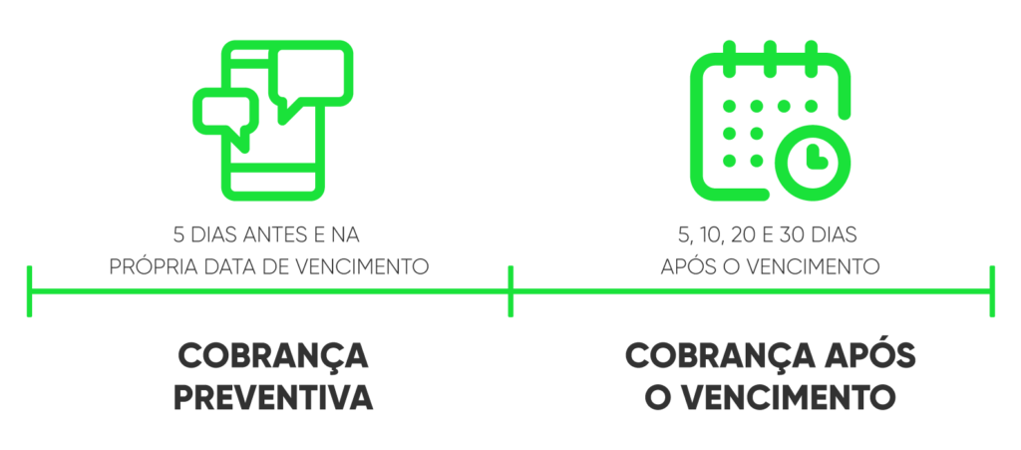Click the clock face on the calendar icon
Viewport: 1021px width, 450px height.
812,162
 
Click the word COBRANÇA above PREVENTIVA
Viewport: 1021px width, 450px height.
273,356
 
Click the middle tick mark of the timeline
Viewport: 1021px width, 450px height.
510,291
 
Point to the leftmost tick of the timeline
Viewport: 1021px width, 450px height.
29,291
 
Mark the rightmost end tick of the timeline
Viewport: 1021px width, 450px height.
992,291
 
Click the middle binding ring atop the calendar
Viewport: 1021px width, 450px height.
771,59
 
